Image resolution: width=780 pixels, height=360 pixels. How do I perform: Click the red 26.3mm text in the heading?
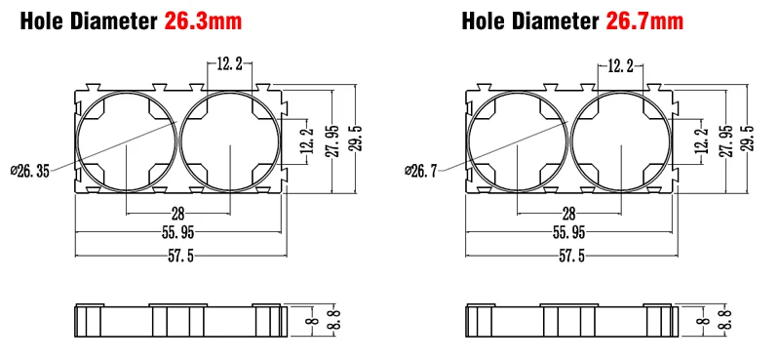point(203,21)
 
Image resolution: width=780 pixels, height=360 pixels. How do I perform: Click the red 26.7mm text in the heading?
point(644,21)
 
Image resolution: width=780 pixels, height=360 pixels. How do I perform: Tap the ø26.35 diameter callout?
point(30,172)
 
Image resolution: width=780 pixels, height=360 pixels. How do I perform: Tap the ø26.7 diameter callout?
point(421,172)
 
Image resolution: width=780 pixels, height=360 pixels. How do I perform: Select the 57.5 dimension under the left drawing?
point(181,257)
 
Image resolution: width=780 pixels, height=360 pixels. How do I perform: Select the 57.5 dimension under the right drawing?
point(572,257)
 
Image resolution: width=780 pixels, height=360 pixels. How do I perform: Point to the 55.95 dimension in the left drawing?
point(177,232)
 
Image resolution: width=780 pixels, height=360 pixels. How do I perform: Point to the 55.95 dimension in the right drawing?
point(568,232)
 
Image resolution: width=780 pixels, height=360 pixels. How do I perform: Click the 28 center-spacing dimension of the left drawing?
point(177,214)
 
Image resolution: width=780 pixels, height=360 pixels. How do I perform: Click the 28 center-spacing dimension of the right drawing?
point(568,214)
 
